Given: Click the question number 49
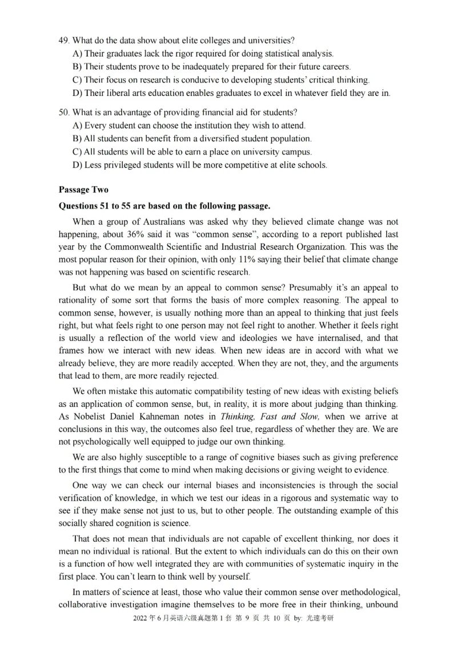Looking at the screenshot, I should click(63, 41).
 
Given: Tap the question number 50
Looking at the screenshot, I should click(63, 112).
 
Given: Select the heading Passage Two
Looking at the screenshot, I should click(83, 190).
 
